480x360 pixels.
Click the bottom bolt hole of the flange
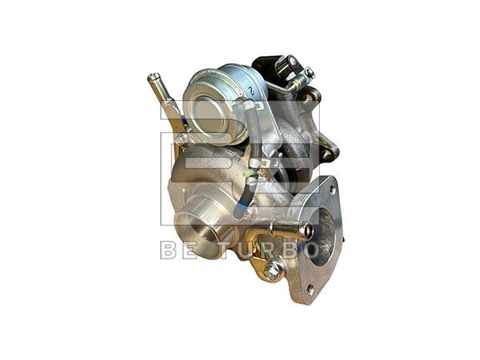(x=310, y=290)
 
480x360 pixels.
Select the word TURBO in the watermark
(x=266, y=250)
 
